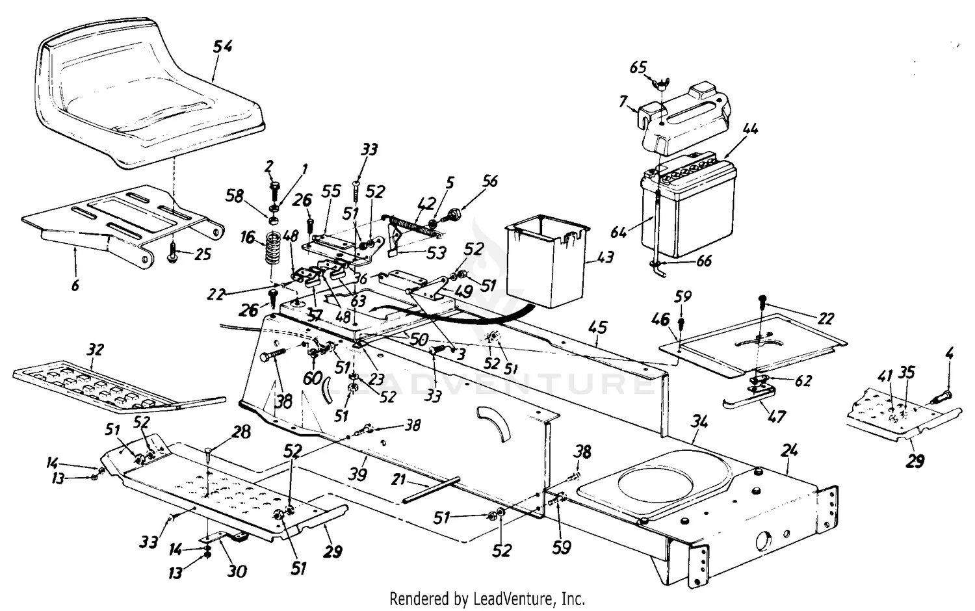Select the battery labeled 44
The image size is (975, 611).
click(x=689, y=205)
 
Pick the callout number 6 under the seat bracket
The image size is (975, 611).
click(x=75, y=284)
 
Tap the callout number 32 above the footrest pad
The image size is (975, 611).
click(x=95, y=350)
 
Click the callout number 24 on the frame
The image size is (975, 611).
click(x=790, y=450)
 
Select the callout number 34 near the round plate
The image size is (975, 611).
click(x=699, y=422)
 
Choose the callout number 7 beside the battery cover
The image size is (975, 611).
click(x=622, y=101)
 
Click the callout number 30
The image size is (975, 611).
click(x=237, y=571)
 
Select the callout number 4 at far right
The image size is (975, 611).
click(x=949, y=356)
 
